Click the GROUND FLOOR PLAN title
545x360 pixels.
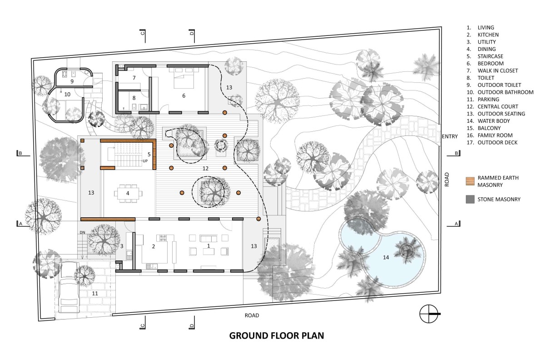tap(277, 335)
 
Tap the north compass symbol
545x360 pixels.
tap(429, 314)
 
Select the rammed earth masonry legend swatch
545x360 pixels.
tap(470, 181)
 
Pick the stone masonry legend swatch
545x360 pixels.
tap(470, 199)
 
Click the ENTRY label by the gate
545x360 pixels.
tap(450, 136)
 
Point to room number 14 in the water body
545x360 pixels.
tap(386, 257)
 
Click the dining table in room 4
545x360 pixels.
tap(128, 194)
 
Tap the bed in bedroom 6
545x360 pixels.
tap(184, 77)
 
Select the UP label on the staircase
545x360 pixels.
tap(145, 161)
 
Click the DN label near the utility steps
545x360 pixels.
tap(83, 232)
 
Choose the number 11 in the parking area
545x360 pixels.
tap(95, 294)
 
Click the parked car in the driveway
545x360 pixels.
tap(70, 287)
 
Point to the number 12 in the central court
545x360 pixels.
tap(205, 168)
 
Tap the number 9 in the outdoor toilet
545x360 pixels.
tap(72, 81)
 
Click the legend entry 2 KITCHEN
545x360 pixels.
tap(483, 35)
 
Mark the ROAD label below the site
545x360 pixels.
tap(252, 315)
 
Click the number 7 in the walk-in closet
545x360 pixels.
tap(134, 78)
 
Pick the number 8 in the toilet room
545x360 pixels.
tap(134, 98)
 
